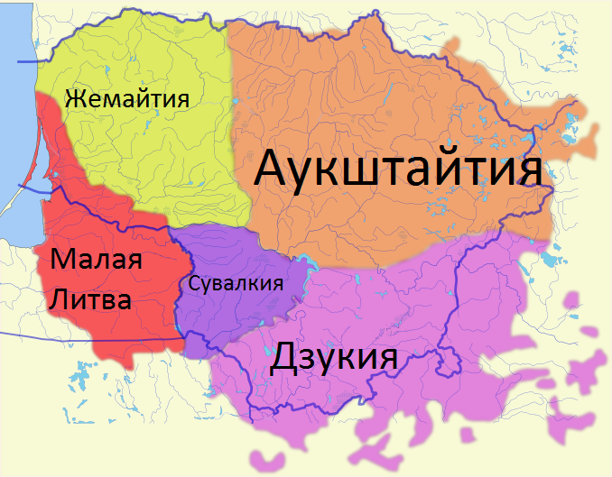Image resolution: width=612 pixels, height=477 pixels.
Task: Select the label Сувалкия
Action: (x=236, y=283)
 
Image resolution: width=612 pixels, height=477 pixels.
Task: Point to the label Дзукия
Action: (x=334, y=358)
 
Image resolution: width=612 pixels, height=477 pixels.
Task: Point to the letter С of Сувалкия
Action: (x=193, y=283)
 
